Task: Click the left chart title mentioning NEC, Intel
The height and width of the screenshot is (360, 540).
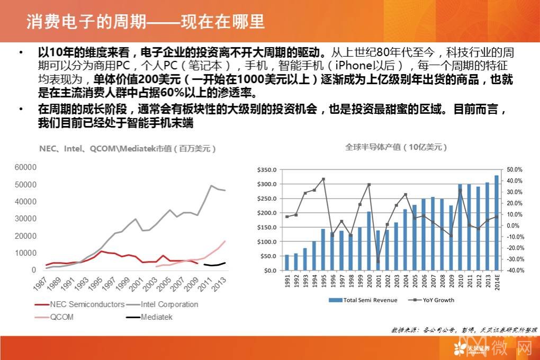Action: [x=127, y=149]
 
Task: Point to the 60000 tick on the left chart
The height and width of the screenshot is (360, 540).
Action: [x=25, y=167]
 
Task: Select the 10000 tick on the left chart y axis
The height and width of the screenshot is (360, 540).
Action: [x=25, y=253]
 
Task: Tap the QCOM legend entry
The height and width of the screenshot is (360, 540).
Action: [x=61, y=317]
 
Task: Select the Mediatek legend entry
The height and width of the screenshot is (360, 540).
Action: [x=157, y=317]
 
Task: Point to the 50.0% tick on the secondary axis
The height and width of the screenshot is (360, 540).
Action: [x=515, y=170]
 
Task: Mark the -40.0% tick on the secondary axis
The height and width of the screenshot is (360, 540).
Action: [x=515, y=270]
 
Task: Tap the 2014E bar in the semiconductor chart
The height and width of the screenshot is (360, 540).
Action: [x=497, y=222]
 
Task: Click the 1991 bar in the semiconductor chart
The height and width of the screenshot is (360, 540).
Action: [x=287, y=262]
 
